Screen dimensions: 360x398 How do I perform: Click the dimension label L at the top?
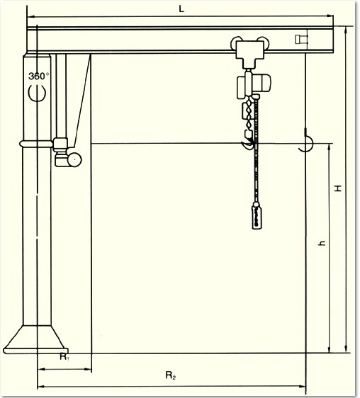(x=181, y=9)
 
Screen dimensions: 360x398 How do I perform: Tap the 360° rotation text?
(x=39, y=76)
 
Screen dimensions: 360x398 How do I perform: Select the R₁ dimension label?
(x=64, y=357)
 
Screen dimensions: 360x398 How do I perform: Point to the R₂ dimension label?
(x=171, y=375)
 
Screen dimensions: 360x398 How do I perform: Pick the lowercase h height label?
(x=322, y=243)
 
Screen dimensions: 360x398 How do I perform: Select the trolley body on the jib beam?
(x=250, y=53)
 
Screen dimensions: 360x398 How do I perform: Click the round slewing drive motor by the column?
(x=74, y=159)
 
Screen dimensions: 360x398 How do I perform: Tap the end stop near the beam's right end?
(x=301, y=40)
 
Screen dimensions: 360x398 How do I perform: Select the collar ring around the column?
(x=37, y=144)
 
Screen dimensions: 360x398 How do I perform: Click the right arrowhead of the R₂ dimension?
(x=303, y=387)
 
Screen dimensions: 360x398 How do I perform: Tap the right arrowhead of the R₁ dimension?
(x=88, y=369)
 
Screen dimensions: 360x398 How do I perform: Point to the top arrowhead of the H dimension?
(x=346, y=30)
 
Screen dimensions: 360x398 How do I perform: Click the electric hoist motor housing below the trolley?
(x=254, y=85)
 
